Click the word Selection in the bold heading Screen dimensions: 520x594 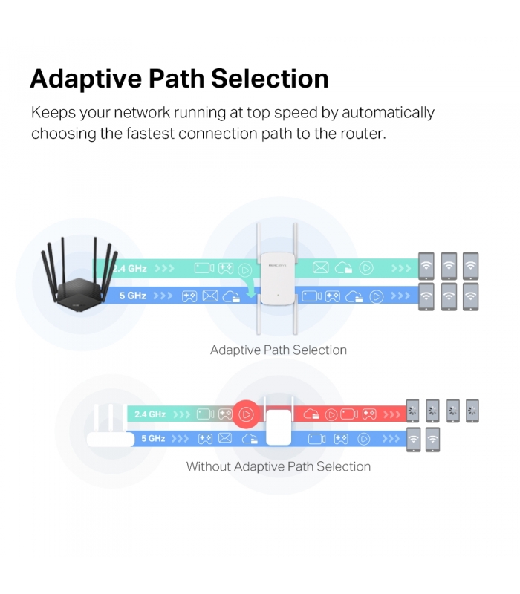[270, 79]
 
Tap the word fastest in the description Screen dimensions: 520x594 [150, 134]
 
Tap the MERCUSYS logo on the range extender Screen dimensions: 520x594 [277, 266]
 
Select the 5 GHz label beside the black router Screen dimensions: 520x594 [133, 296]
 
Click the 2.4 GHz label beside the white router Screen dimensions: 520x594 [150, 414]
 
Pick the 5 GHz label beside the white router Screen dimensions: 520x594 [153, 438]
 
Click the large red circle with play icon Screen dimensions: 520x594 [246, 414]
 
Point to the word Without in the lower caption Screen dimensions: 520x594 [209, 466]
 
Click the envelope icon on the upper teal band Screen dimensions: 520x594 [321, 268]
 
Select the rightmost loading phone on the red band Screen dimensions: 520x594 [472, 411]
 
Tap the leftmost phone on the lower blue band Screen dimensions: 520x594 [413, 440]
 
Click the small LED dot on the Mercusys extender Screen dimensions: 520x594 [278, 295]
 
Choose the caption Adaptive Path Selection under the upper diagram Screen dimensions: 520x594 [279, 350]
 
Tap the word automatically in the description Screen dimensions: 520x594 [388, 113]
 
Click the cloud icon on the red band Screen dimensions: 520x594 [311, 414]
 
